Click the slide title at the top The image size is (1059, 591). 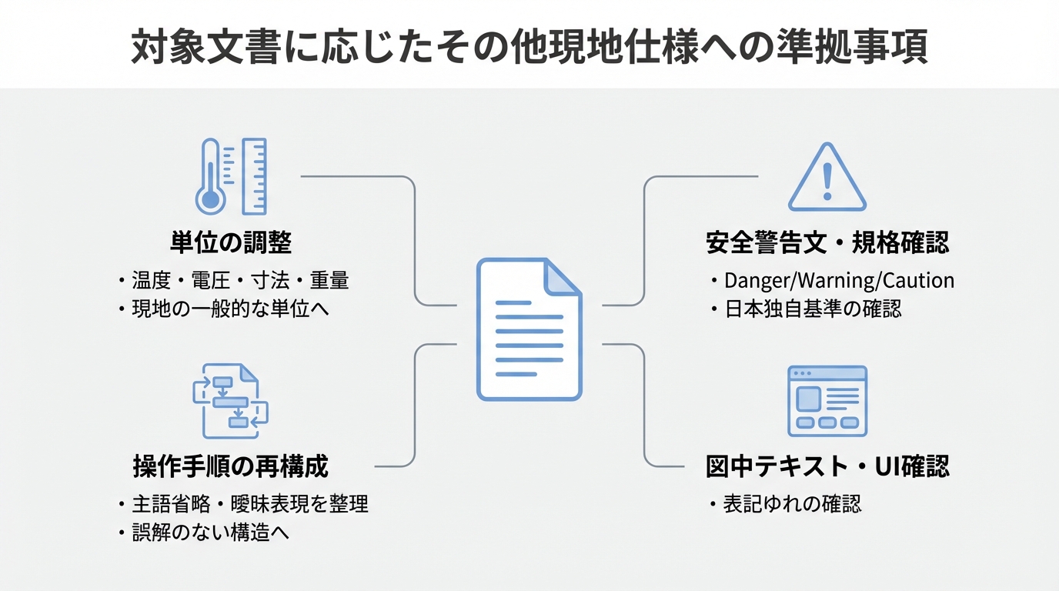[529, 48]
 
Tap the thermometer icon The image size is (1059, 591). [210, 177]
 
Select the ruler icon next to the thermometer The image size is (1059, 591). [254, 176]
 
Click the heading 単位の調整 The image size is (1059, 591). [231, 243]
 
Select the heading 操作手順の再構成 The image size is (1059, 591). [231, 466]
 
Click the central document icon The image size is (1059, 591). [529, 329]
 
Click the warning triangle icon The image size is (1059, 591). [827, 179]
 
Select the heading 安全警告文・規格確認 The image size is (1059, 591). [827, 243]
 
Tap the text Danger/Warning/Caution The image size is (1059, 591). [839, 280]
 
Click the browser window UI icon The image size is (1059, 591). [827, 401]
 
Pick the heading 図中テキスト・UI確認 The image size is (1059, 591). [827, 466]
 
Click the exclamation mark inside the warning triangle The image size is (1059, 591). [827, 182]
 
